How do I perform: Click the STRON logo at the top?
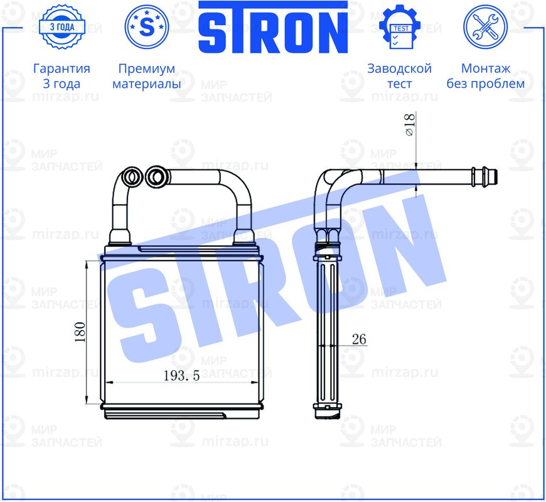pos(273,28)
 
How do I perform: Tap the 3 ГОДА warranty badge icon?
pos(62,26)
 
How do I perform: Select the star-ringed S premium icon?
pos(147,27)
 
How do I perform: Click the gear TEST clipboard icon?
pos(399,28)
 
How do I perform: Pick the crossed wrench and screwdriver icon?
pos(484,27)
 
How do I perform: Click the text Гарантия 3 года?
pos(62,76)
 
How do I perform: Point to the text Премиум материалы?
pos(147,76)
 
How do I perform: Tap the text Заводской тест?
pos(399,76)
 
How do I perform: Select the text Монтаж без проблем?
pos(485,76)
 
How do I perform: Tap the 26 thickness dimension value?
pos(359,339)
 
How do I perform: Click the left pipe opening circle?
pos(132,176)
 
